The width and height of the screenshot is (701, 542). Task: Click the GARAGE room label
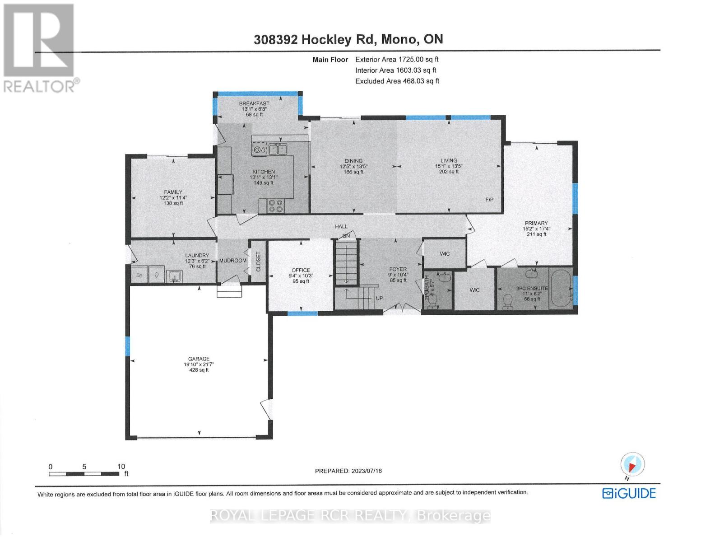pos(199,359)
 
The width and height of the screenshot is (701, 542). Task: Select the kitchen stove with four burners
pos(275,206)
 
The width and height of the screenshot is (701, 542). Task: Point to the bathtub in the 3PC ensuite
pos(560,289)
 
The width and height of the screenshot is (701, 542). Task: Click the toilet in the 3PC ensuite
pos(508,301)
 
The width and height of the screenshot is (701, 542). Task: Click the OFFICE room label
pos(301,270)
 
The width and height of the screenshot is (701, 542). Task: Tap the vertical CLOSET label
pos(259,262)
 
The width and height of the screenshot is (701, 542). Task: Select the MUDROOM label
pos(233,261)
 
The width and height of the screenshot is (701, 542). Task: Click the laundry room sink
pos(174,276)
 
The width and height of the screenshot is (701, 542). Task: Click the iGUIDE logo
pos(629,493)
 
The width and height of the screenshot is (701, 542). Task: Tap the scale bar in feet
pos(84,474)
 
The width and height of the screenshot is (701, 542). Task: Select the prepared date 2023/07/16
pos(348,471)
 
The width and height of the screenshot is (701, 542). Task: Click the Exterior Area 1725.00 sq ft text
pos(397,59)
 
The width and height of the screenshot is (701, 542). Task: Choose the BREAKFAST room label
pos(254,103)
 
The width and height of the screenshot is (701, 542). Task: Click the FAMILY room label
pos(173,192)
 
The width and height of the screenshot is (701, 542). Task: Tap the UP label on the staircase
pos(379,299)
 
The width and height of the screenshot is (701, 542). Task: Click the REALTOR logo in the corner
pos(40,47)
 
